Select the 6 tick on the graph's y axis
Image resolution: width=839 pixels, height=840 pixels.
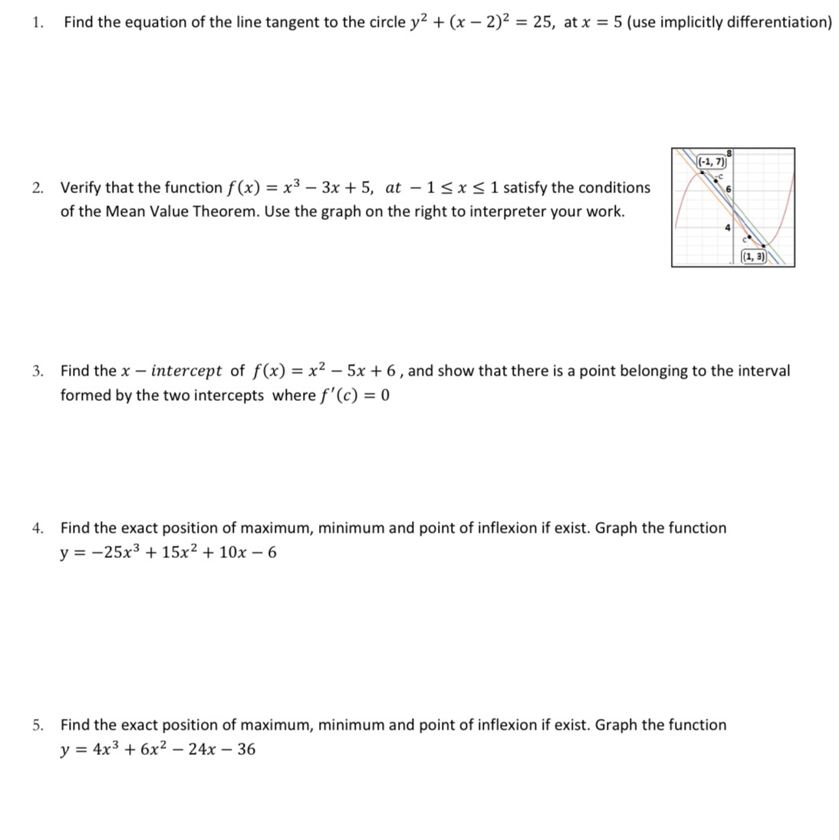pyautogui.click(x=729, y=189)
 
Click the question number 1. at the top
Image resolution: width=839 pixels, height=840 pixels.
pyautogui.click(x=38, y=22)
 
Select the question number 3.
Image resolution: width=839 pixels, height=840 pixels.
pyautogui.click(x=38, y=372)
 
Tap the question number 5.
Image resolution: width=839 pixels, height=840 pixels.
pyautogui.click(x=38, y=725)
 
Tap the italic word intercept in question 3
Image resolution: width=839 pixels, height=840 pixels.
pyautogui.click(x=186, y=372)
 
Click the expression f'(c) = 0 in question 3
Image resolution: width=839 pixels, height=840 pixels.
pyautogui.click(x=354, y=395)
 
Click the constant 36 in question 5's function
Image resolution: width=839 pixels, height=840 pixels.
pyautogui.click(x=246, y=750)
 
